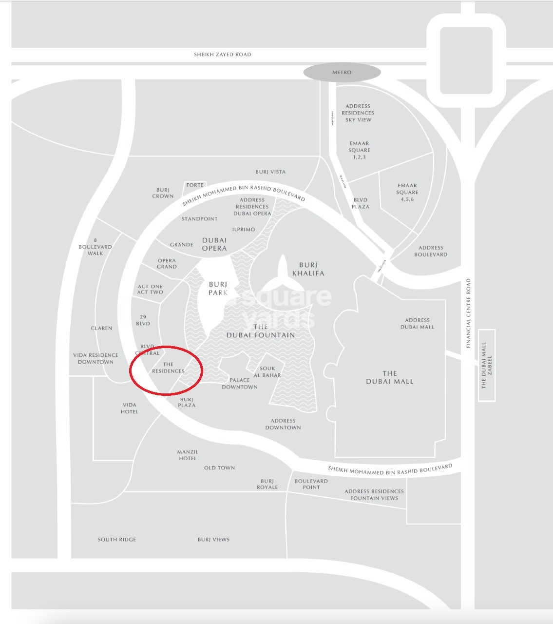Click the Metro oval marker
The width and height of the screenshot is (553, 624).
point(342,72)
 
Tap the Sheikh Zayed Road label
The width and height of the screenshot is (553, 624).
point(223,54)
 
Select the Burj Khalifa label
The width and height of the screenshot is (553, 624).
point(308,269)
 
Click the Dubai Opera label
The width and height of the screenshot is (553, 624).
point(214,244)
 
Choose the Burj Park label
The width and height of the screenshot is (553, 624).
point(218,288)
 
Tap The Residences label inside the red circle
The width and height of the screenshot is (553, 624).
point(168,368)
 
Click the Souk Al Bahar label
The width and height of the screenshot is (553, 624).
point(267,372)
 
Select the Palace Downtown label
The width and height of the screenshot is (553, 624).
point(240,383)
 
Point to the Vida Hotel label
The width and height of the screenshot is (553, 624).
point(130,408)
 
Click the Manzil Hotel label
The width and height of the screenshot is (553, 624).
point(188,455)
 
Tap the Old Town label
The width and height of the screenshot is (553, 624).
point(219,468)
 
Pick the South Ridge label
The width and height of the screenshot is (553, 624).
point(117,539)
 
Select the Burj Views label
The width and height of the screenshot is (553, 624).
point(213,539)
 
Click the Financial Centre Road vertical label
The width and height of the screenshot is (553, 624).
point(468,313)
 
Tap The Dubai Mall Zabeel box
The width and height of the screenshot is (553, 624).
point(487,365)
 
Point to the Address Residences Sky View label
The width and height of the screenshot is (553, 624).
point(358,113)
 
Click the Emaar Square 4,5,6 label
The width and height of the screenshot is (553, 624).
point(407,192)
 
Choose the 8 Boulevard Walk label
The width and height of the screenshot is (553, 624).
point(95,247)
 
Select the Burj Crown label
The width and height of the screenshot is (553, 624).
point(163,193)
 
